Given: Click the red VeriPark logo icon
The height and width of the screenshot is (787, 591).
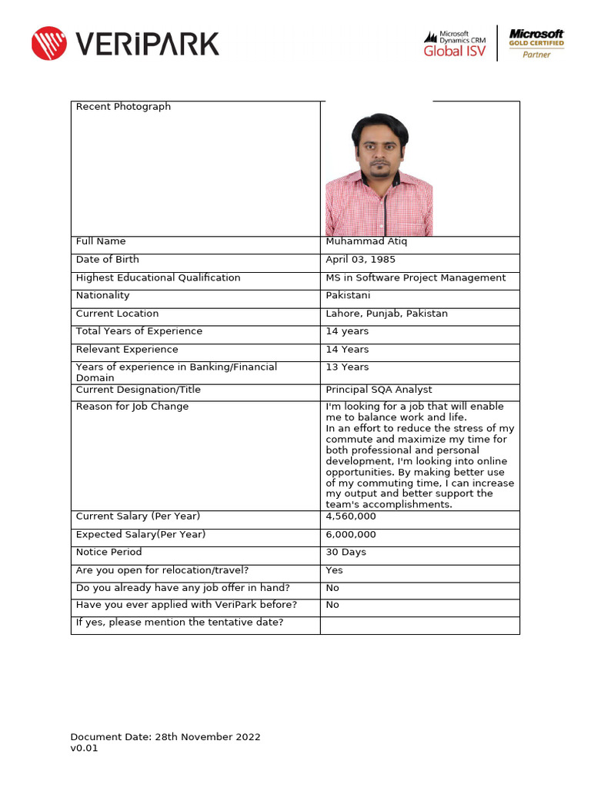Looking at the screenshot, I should pos(49,43).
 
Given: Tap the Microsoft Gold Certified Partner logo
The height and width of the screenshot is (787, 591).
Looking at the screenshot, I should pos(536,44).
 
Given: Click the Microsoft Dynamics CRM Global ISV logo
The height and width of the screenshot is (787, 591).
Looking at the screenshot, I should pos(456,44).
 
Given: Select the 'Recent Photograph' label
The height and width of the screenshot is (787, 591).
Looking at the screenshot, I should pos(123,107).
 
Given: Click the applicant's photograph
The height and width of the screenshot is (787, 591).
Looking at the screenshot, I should pos(379,175).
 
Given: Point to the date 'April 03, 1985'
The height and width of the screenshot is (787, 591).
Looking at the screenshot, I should pos(361,260).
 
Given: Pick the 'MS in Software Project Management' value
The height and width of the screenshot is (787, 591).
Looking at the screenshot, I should pos(416,278).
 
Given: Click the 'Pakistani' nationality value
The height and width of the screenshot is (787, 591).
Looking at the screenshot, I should pos(348,296).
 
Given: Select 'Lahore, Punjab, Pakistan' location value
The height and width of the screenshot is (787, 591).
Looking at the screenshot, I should pos(386,314).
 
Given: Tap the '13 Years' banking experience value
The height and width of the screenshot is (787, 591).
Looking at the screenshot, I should pos(347,367).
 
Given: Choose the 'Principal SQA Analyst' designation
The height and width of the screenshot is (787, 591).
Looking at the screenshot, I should pos(379,390).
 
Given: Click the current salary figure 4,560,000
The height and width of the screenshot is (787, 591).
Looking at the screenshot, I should pos(351,516).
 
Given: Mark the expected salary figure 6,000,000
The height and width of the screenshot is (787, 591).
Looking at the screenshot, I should pos(351,535).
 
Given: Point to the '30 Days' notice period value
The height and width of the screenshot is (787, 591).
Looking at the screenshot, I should pos(346,553).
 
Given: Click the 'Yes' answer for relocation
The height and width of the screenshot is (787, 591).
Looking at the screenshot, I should pos(335,570).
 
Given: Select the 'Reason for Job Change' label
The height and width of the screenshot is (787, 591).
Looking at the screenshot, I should pos(132,407).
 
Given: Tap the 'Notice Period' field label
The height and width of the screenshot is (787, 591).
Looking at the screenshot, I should pos(109,553).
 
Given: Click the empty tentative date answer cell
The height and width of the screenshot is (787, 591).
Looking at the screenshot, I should pos(419,625).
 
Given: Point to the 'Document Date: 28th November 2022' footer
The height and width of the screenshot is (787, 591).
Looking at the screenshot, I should pos(165,737).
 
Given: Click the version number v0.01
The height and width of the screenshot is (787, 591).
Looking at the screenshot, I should pos(85,749).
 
